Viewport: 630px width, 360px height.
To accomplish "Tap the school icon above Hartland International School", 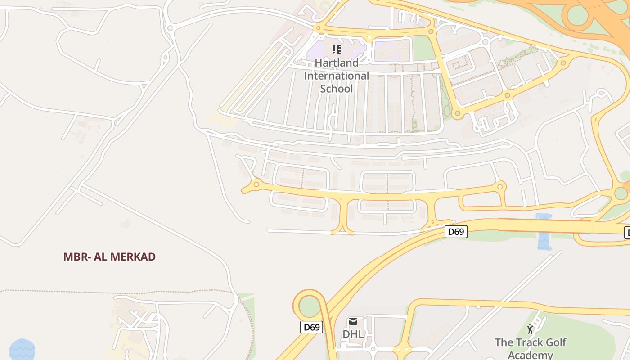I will [337, 49].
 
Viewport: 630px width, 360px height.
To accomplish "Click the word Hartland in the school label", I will [337, 63].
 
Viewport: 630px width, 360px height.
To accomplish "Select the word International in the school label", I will [337, 76].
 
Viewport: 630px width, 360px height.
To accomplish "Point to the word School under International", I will [337, 89].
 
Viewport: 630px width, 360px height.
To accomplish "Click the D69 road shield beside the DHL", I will [311, 327].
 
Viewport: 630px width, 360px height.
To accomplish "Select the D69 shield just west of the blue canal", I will [456, 232].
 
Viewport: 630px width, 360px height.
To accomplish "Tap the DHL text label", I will [353, 334].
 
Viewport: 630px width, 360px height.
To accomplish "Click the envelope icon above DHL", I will [353, 321].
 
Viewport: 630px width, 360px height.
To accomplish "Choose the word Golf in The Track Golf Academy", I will [553, 342].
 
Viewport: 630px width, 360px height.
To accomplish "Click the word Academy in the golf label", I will [530, 355].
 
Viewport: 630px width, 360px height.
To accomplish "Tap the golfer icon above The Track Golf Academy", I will [530, 329].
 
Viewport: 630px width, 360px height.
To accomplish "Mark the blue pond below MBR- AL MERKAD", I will [22, 350].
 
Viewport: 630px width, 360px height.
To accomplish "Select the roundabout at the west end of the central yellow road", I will [256, 184].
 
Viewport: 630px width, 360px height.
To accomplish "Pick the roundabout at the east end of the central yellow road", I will [500, 186].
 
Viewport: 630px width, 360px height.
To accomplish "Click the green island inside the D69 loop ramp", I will [309, 306].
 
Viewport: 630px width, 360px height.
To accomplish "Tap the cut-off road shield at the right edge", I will [627, 232].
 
